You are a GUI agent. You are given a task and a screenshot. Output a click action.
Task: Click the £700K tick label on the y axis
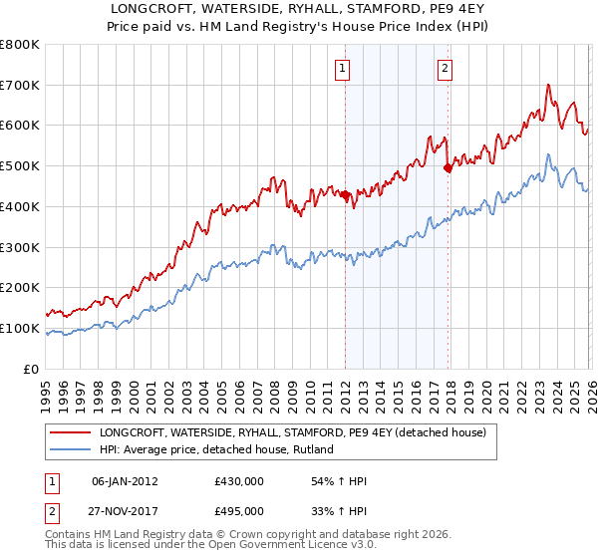[x=20, y=85]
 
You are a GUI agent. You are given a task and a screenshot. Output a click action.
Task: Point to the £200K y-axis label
[x=20, y=287]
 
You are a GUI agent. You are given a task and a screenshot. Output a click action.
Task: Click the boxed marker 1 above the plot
[x=342, y=69]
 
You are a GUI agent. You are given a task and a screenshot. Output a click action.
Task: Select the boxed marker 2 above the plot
[x=445, y=69]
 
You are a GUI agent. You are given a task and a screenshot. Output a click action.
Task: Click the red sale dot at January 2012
[x=346, y=195]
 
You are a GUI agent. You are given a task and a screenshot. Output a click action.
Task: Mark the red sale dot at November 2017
[x=448, y=168]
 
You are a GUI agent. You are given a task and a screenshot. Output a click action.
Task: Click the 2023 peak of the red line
[x=548, y=87]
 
